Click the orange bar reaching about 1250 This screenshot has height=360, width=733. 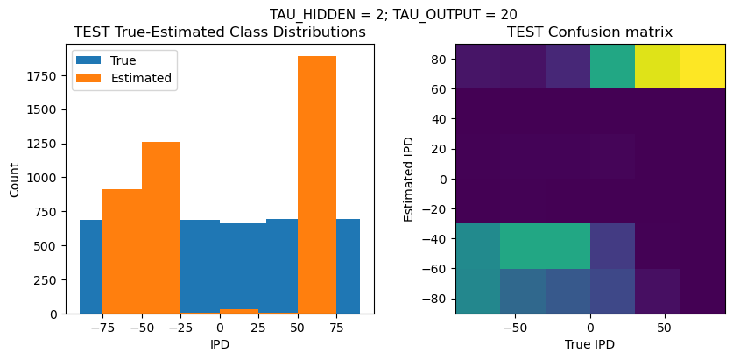[x=161, y=228]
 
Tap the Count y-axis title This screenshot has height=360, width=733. [x=13, y=179]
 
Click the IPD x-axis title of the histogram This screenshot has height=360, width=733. [x=220, y=344]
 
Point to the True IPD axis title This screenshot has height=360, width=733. [x=590, y=344]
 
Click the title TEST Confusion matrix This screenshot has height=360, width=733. [x=590, y=32]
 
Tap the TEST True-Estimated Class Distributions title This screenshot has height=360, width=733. [x=220, y=32]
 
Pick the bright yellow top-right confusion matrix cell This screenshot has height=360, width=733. [x=703, y=66]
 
